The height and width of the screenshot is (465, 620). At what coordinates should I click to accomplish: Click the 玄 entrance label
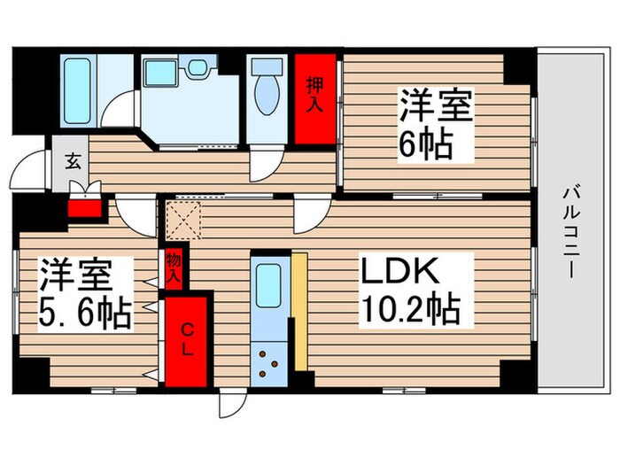pos(70,162)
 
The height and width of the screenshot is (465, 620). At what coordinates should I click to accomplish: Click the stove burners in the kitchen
pos(269,363)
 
